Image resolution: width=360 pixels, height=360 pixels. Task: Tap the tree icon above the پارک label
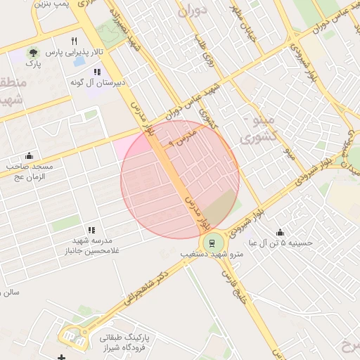[x=33, y=53]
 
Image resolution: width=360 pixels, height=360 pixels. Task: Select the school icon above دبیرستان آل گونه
[x=97, y=71]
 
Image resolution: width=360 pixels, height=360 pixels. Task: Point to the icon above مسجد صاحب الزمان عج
[x=29, y=155]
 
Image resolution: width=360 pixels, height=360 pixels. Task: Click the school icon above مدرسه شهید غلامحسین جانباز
[x=91, y=230]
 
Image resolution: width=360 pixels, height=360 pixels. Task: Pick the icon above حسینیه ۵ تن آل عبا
[x=280, y=232]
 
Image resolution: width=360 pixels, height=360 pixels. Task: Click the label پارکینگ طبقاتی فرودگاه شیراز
[x=129, y=342]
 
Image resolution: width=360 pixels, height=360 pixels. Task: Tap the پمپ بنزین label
[x=54, y=4]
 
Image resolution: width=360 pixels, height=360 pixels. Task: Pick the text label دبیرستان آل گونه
[x=98, y=82]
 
